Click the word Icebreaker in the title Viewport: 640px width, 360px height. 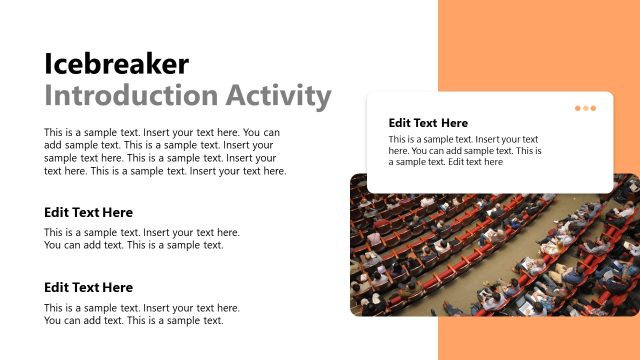point(116,64)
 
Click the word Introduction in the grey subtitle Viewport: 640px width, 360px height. point(130,96)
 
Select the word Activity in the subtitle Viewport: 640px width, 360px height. point(277,96)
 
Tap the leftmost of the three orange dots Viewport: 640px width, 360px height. point(578,108)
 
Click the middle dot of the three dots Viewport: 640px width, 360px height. point(585,108)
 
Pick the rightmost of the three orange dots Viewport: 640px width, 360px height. point(592,108)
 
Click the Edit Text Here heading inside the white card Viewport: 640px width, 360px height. point(428,123)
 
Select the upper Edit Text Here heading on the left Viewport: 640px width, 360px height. point(88,213)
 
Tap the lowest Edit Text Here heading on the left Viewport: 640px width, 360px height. point(88,288)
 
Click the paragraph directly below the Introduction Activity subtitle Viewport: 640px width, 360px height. point(165,151)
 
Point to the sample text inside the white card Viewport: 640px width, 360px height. point(465,150)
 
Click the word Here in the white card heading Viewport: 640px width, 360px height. point(454,123)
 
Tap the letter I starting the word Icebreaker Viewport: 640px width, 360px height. point(48,64)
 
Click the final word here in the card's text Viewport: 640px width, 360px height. point(492,162)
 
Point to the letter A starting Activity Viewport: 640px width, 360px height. point(233,96)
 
